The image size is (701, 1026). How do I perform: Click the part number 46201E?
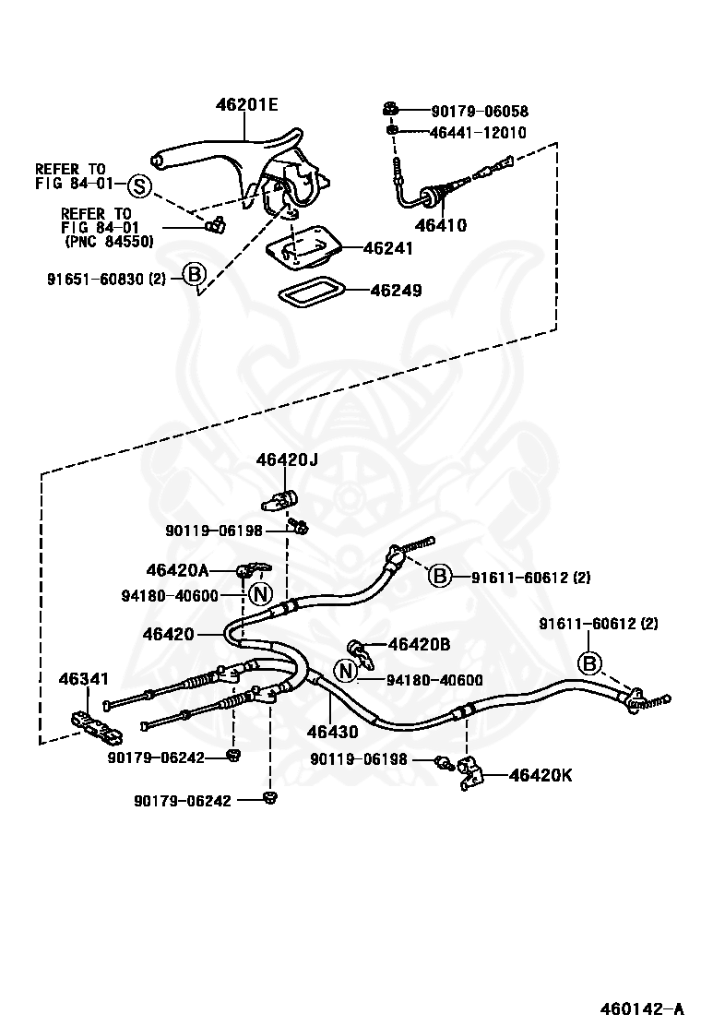[246, 104]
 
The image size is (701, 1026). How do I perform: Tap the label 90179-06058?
[480, 112]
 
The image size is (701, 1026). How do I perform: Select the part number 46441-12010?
[478, 133]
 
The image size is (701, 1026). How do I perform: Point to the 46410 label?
[442, 226]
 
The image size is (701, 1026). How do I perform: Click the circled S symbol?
[138, 186]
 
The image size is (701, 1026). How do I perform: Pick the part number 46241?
[388, 248]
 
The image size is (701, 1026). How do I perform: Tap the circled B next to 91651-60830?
[194, 274]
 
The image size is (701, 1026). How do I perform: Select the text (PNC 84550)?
[109, 242]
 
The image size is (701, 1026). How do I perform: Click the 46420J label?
[287, 460]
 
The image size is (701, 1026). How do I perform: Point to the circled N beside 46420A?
[260, 595]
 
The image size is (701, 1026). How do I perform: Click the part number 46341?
[84, 679]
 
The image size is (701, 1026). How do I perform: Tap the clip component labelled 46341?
[96, 725]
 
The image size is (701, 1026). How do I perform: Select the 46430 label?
[333, 732]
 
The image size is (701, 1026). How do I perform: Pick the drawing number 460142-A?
[643, 1006]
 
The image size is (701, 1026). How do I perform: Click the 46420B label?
[419, 645]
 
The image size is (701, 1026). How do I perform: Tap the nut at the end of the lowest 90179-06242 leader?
[268, 797]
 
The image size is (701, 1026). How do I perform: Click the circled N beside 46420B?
[346, 670]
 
